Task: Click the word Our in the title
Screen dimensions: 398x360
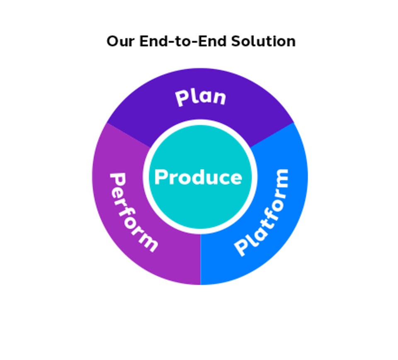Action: (120, 41)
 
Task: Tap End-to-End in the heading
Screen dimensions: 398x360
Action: (182, 41)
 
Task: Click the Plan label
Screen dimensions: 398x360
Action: (201, 97)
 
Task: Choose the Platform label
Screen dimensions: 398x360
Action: (262, 212)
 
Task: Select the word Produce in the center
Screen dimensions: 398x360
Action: (198, 177)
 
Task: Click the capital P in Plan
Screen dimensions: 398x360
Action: (182, 99)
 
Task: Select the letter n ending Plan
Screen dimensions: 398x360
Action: (220, 98)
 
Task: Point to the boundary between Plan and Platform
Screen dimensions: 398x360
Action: (272, 135)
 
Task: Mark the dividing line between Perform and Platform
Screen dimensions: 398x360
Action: (201, 259)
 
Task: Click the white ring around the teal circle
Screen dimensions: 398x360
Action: (200, 122)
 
